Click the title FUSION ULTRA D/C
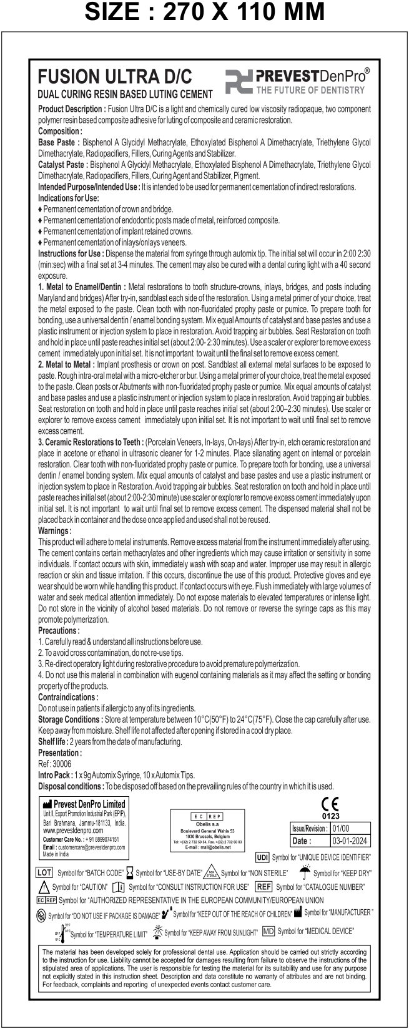[x=115, y=77]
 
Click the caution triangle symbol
[x=44, y=887]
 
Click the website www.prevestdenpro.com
[x=73, y=831]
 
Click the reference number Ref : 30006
[x=55, y=763]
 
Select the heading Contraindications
[x=68, y=696]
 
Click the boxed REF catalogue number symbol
[x=264, y=887]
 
